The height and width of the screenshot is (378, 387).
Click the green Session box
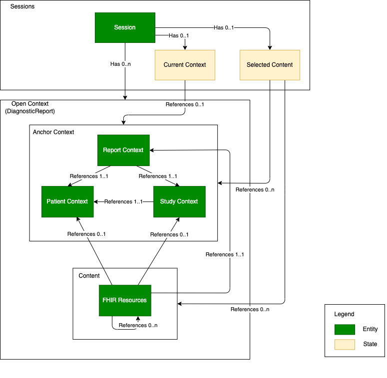(x=125, y=27)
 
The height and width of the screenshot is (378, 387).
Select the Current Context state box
(x=185, y=65)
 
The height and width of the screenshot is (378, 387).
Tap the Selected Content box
(x=270, y=65)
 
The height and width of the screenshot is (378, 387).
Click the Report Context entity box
(x=123, y=150)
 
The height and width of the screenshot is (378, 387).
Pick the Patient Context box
(x=67, y=201)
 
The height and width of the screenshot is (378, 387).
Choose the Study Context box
(x=179, y=201)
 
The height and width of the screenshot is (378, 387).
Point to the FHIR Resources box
(x=125, y=300)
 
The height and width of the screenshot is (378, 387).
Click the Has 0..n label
(x=120, y=64)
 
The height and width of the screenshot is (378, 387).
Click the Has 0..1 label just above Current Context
(x=179, y=36)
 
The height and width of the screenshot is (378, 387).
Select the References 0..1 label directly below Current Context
(x=185, y=105)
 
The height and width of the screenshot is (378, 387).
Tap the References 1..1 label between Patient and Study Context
(x=123, y=202)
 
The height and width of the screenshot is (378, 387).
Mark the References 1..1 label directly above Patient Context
(x=89, y=177)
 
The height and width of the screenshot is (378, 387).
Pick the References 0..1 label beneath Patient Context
(x=86, y=234)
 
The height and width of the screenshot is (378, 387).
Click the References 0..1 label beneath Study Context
(x=169, y=235)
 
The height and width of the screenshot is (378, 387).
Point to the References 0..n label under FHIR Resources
(x=138, y=326)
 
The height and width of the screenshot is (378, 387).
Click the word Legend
(x=344, y=314)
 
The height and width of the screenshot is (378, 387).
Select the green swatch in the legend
(x=345, y=330)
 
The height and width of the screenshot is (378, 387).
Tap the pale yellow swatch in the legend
(x=345, y=345)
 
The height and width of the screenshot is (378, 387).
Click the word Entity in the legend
(x=370, y=329)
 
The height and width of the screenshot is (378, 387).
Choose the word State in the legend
(x=370, y=344)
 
